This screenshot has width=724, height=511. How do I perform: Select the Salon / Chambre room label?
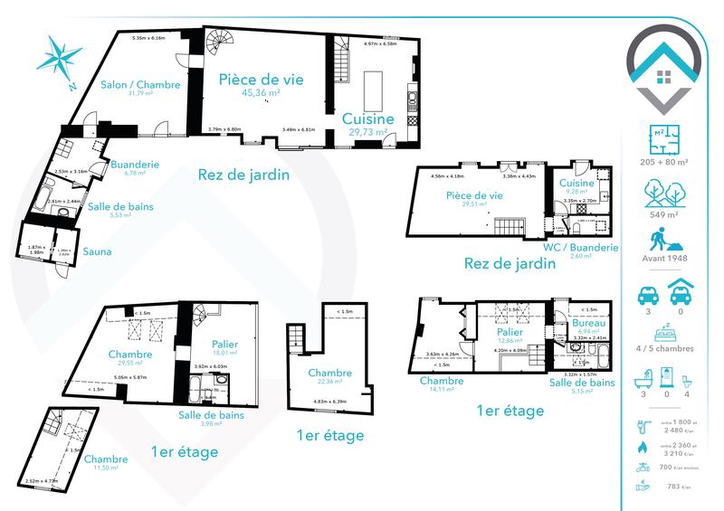click(x=140, y=84)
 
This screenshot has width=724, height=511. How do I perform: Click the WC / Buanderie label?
click(x=580, y=247)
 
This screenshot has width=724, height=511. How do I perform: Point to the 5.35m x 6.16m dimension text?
click(x=148, y=38)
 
